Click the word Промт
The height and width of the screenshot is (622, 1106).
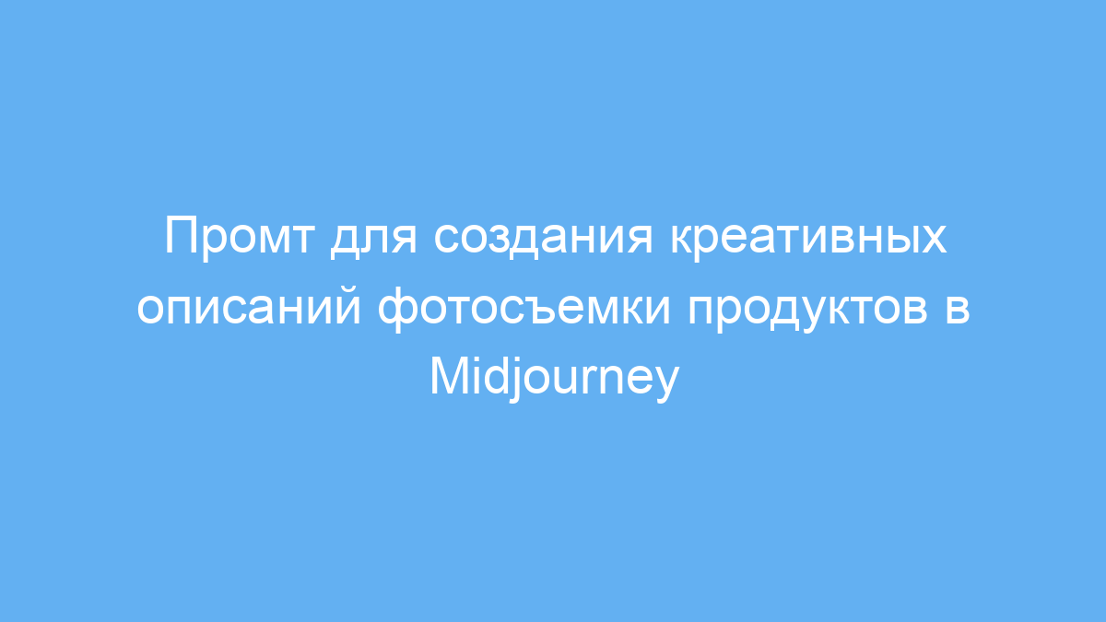click(239, 238)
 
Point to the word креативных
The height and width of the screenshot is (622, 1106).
click(808, 239)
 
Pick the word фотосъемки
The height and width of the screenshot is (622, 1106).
click(524, 309)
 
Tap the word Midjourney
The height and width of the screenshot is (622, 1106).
click(555, 378)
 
